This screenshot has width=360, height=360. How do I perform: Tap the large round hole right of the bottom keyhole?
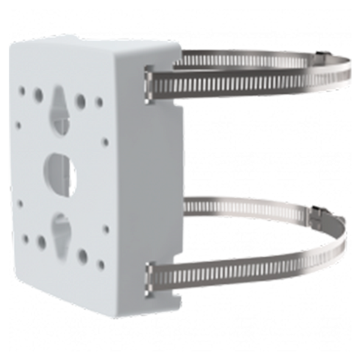(x=82, y=256)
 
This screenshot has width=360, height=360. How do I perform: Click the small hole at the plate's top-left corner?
(x=22, y=91)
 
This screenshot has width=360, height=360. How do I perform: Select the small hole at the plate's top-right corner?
(x=100, y=101)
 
